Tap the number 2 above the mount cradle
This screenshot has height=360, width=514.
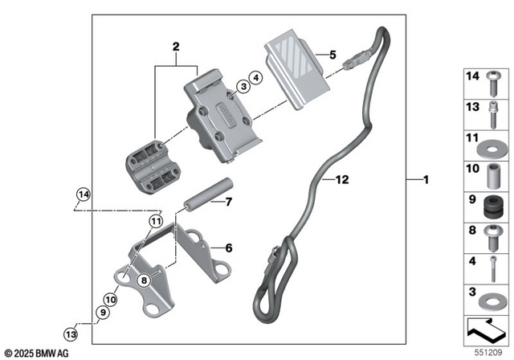[x=175, y=47]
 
